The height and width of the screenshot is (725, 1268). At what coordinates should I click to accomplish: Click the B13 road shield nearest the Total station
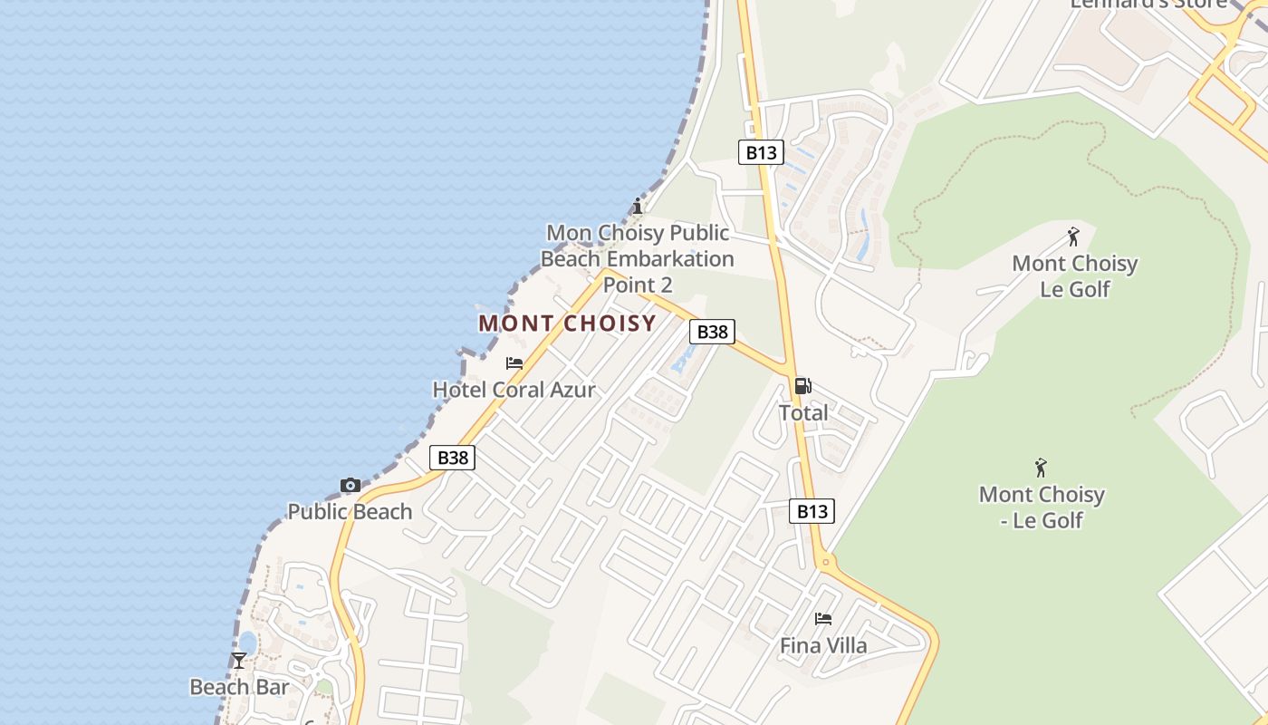(x=812, y=511)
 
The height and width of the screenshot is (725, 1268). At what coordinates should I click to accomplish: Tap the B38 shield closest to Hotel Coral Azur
(x=452, y=458)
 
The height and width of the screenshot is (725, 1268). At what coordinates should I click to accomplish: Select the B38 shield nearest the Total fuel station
(x=712, y=332)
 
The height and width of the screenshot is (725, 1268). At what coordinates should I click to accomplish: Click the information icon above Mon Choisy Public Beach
(x=638, y=206)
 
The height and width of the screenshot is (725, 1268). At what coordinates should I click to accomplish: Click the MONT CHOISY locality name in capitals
(x=567, y=324)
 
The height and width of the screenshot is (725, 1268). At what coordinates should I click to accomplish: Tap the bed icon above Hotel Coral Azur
(x=514, y=363)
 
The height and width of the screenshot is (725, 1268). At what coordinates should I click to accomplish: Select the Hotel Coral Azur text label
(x=514, y=390)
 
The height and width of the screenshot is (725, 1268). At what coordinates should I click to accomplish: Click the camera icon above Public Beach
(x=350, y=486)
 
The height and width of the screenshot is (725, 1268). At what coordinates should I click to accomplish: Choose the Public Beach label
(x=350, y=511)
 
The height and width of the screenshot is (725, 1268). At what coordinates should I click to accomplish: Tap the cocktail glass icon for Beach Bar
(x=239, y=661)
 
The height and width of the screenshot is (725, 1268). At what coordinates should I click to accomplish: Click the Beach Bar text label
(x=239, y=687)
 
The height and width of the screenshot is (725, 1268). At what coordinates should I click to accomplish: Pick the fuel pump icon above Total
(x=802, y=386)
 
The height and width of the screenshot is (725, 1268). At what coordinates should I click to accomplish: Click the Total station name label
(x=803, y=413)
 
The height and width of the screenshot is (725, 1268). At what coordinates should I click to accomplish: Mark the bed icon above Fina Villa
(x=823, y=619)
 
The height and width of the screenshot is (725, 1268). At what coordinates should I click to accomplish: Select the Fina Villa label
(x=823, y=646)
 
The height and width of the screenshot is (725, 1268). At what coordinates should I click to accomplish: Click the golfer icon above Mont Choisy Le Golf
(x=1073, y=237)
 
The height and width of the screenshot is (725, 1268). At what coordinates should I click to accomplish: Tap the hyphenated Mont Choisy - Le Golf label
(x=1042, y=507)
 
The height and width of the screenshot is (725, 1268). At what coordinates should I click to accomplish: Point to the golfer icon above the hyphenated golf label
(x=1041, y=468)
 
